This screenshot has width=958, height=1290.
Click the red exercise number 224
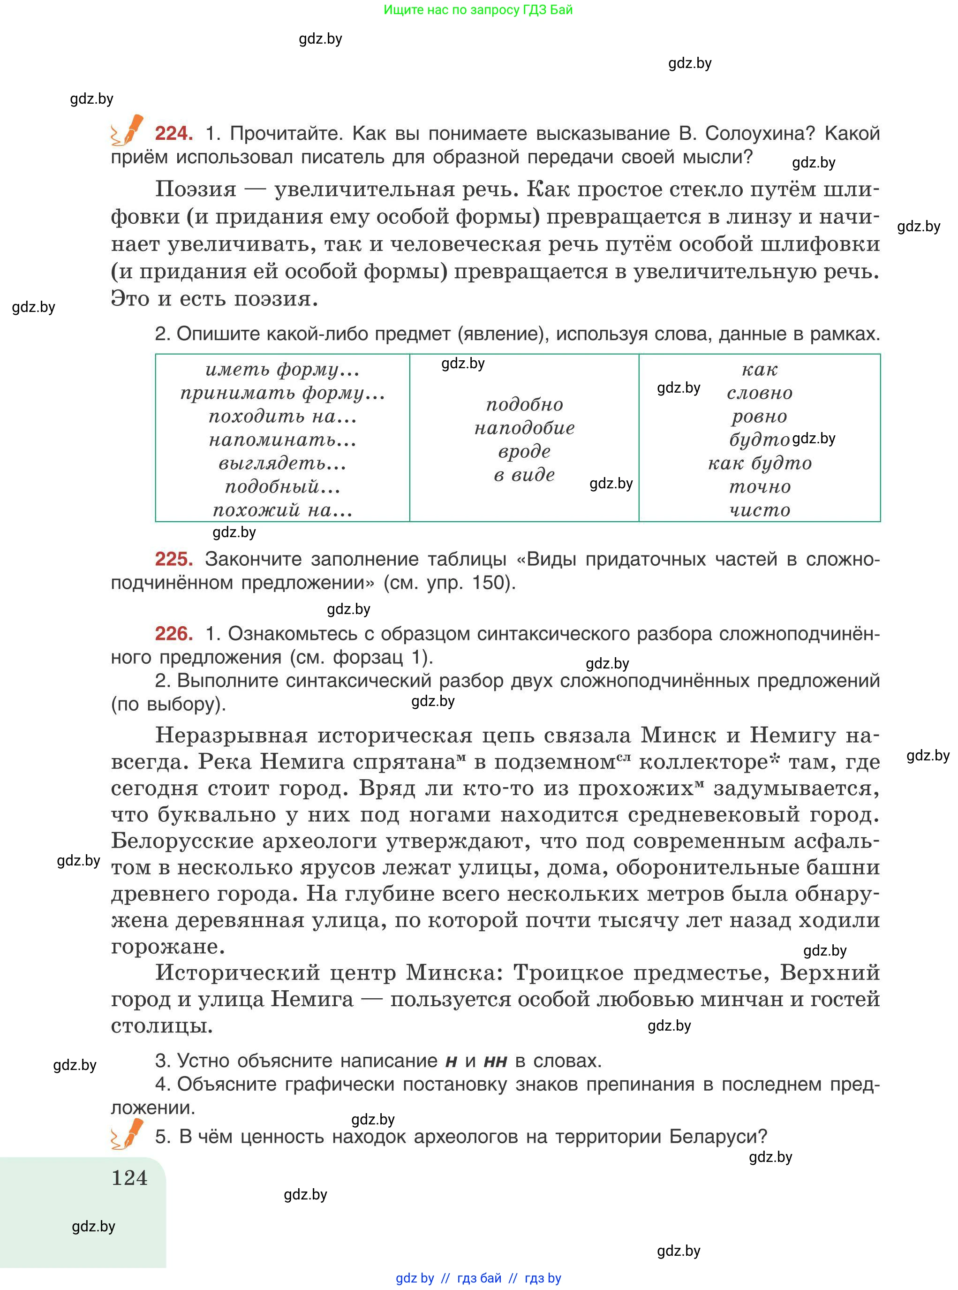tap(173, 133)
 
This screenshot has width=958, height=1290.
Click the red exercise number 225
tap(173, 559)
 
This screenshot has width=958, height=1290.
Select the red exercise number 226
tap(173, 633)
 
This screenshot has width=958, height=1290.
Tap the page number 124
tap(129, 1177)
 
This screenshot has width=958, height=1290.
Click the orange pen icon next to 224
tap(128, 130)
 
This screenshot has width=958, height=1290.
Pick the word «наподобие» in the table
tap(524, 428)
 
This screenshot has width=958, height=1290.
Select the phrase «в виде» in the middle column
tap(524, 475)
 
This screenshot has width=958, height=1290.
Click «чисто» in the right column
tap(760, 510)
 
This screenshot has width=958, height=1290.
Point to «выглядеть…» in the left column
tap(282, 463)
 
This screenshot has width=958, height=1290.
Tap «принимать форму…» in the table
tap(282, 393)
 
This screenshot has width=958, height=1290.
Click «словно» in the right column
tap(760, 393)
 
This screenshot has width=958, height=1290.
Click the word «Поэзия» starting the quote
tap(196, 190)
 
